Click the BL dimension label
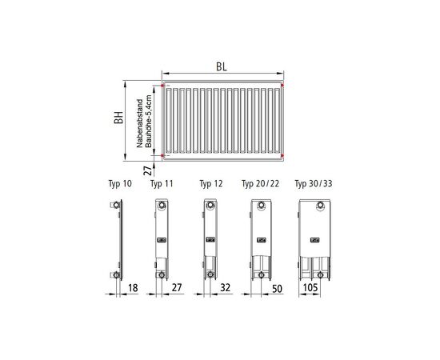tap(222, 66)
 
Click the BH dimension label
tap(118, 118)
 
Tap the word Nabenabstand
tap(140, 123)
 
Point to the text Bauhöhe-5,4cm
tap(149, 122)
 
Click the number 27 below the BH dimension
tap(148, 170)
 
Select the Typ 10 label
tap(120, 184)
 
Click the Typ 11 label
tap(162, 184)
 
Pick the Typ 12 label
tap(211, 184)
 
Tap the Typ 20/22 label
tap(261, 184)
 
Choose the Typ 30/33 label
tap(314, 184)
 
